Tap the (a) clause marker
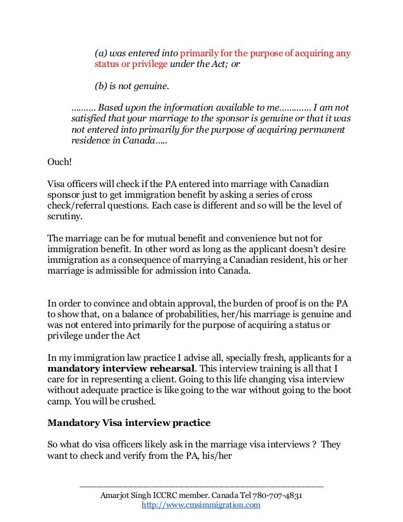click(x=102, y=53)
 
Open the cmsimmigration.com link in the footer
click(x=201, y=506)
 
